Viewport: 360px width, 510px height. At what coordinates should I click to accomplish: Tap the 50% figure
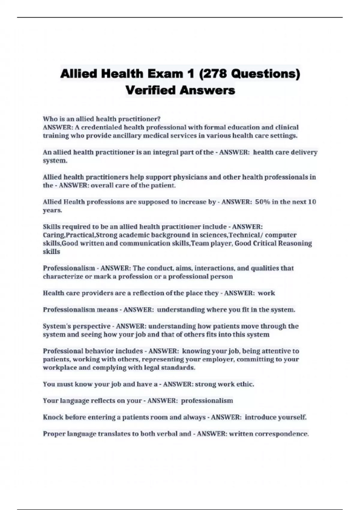tap(262, 202)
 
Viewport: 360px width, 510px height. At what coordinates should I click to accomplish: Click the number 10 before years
tap(312, 202)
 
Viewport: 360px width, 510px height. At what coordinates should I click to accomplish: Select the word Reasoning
tap(295, 243)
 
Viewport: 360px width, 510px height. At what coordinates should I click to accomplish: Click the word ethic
tap(245, 384)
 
